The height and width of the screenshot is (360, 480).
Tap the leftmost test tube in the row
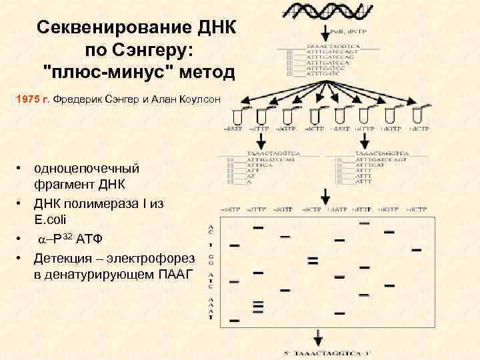pyautogui.click(x=245, y=113)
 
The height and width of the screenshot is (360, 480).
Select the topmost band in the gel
pyautogui.click(x=365, y=223)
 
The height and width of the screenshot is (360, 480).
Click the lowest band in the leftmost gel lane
pyautogui.click(x=235, y=320)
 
